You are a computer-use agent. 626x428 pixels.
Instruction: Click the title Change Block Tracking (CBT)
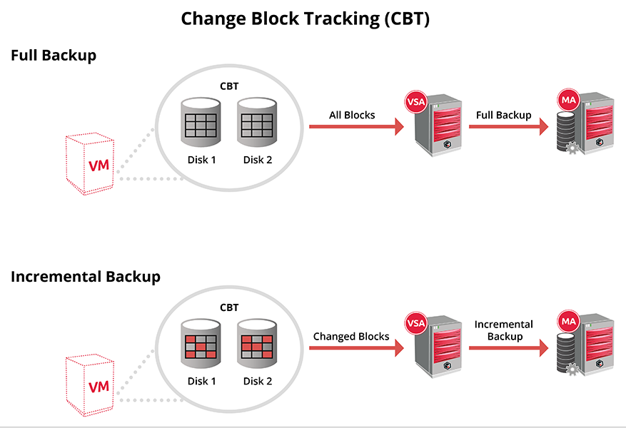[305, 19]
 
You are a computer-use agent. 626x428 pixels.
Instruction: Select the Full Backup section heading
[54, 56]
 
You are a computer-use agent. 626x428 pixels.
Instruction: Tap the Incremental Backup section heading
[86, 277]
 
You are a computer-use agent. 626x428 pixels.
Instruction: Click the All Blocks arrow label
[352, 115]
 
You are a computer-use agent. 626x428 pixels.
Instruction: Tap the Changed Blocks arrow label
[351, 336]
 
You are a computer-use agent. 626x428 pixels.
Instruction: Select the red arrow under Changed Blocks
[353, 348]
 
